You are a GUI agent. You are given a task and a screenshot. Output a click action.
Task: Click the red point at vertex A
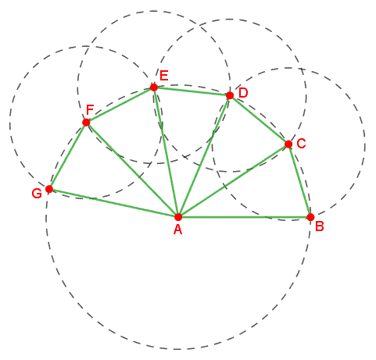pos(178,216)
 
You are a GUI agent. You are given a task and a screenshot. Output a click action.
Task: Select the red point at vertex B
pos(310,217)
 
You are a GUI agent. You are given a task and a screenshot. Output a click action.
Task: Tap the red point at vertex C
pos(288,144)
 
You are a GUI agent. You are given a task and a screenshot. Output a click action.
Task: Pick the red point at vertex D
pos(230,95)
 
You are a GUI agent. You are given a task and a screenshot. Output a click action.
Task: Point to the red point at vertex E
pos(154,87)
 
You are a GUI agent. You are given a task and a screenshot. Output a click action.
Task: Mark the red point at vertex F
pos(86,123)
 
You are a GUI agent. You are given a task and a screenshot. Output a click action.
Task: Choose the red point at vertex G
pos(49,189)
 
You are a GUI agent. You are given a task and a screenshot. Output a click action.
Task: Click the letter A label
pos(177,230)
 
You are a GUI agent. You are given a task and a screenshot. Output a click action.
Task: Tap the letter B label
pos(320,226)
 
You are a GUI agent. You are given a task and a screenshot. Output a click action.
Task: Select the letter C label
pos(301,144)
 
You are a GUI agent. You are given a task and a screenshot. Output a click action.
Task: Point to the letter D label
pos(243,93)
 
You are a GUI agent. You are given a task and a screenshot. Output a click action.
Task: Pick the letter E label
pos(164,76)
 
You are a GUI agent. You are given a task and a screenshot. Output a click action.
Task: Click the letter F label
pos(90,110)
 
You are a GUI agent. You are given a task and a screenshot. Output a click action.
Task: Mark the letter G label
pos(37,194)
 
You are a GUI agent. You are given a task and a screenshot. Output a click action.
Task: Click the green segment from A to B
pos(245,217)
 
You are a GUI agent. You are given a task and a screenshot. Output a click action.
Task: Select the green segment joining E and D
pos(192,91)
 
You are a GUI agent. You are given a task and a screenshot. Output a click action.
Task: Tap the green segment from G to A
pos(113,203)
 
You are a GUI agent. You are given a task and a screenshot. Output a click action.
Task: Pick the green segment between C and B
pos(299,180)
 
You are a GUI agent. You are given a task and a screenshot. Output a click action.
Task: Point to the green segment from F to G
pos(67,155)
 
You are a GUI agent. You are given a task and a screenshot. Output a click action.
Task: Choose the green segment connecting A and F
pos(132,169)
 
